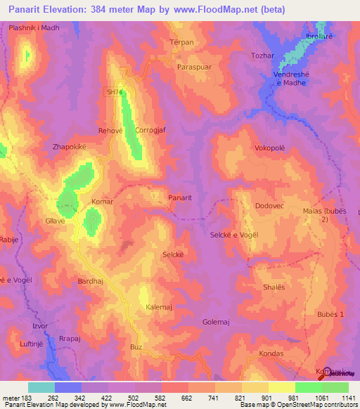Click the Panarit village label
(x=180, y=198)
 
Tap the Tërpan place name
(x=181, y=42)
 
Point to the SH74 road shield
(x=115, y=91)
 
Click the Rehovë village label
(x=110, y=131)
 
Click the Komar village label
(x=102, y=202)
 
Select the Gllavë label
(x=55, y=221)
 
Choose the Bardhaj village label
(x=91, y=281)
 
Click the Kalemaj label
(x=159, y=308)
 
